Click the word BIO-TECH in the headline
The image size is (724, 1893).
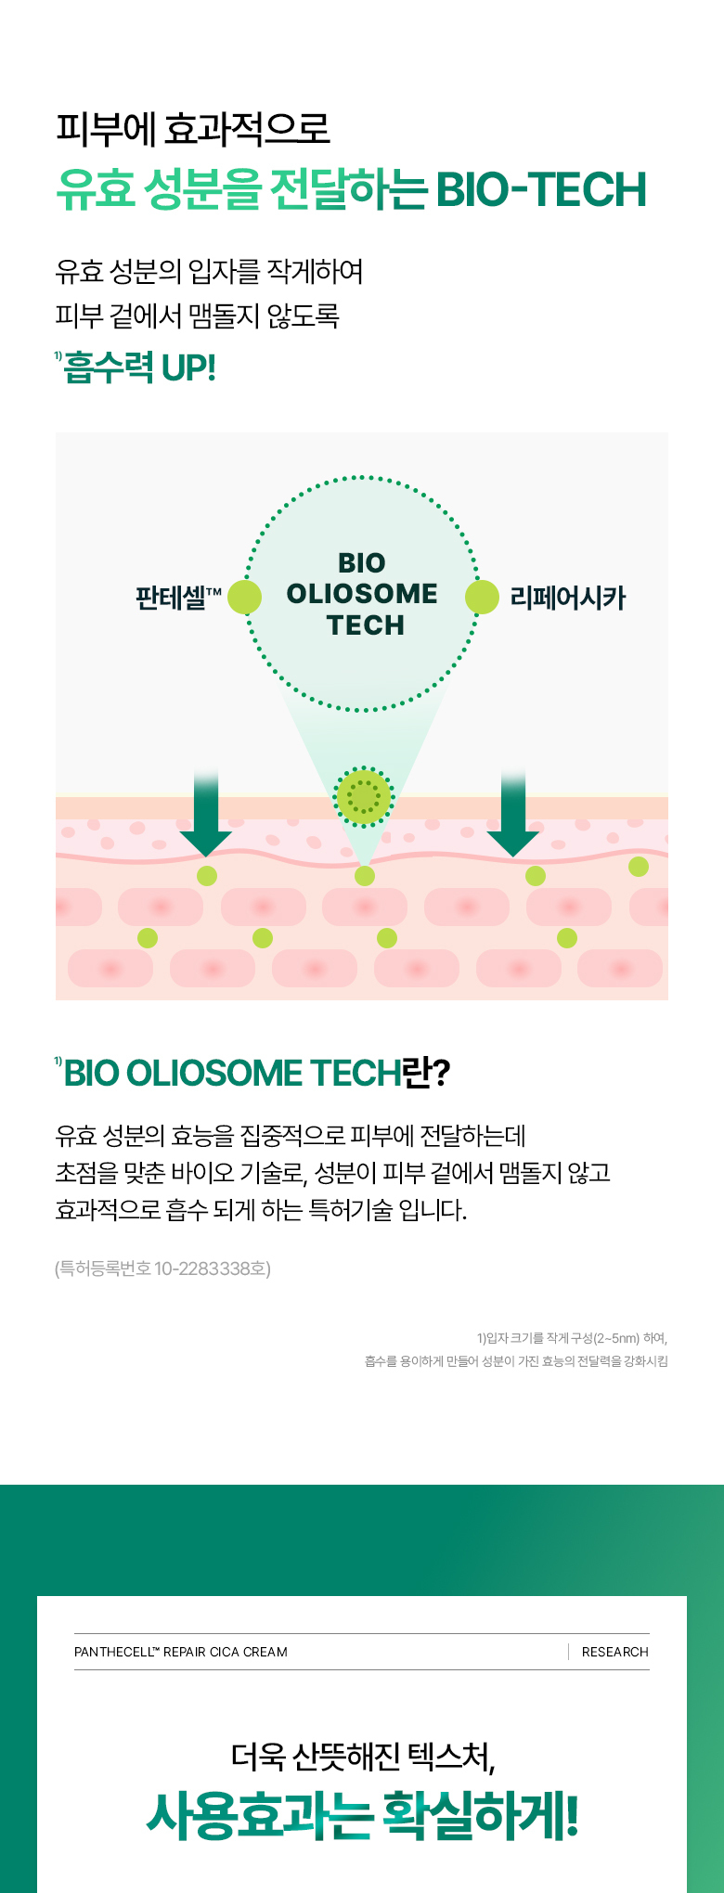coord(540,189)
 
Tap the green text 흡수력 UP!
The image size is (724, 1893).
coord(140,367)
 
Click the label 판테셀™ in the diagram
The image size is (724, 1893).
coord(178,597)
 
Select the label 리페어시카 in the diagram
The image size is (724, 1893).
coord(567,598)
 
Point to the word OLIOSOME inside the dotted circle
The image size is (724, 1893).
coord(362,594)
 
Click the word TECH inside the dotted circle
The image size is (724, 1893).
coord(366,625)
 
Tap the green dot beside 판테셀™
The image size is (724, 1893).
coord(245,598)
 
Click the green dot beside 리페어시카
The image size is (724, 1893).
coord(482,598)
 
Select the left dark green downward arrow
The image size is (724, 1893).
coord(206,813)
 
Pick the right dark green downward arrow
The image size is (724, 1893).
coord(512,813)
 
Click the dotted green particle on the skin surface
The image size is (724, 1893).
coord(364,796)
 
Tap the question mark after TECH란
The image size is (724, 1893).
coord(441,1073)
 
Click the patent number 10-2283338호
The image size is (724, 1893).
coord(212,1268)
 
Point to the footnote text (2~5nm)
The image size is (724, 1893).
coord(616,1338)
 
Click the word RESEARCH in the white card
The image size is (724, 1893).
coord(614,1652)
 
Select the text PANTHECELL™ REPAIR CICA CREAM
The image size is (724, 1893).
coord(181,1652)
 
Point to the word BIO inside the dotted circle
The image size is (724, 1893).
coord(362,563)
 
